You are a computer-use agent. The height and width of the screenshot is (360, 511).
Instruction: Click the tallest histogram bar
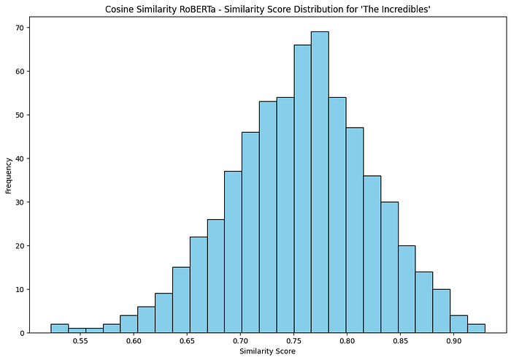(320, 183)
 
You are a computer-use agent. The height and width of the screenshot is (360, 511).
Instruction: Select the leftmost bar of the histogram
(59, 328)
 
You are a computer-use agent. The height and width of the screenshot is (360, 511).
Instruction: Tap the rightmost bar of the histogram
(476, 328)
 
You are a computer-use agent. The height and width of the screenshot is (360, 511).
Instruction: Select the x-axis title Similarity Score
(267, 352)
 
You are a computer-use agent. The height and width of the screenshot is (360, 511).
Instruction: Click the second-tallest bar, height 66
(302, 189)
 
